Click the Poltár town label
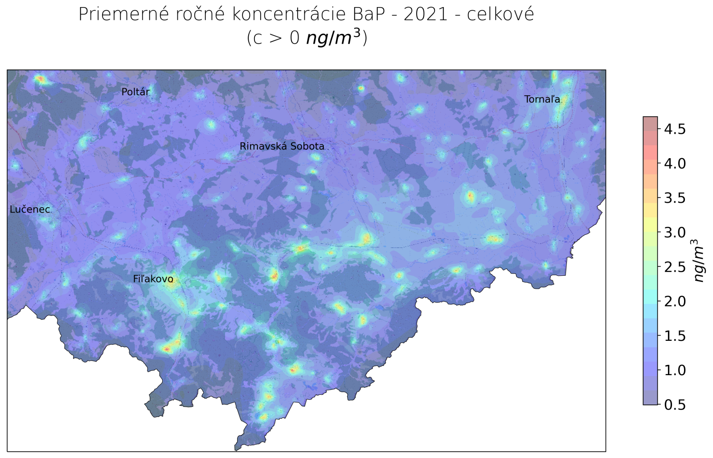tap(135, 92)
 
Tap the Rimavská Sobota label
tap(282, 146)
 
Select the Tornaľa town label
tap(542, 99)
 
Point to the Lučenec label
tap(30, 209)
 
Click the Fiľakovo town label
tap(153, 279)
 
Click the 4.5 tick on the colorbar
tap(675, 129)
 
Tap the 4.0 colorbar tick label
tap(675, 164)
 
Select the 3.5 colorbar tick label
tap(675, 198)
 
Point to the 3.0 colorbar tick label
tap(675, 232)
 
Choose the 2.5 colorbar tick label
tap(675, 267)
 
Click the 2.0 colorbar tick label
tap(675, 301)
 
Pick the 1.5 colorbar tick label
tap(675, 335)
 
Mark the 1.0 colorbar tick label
tap(675, 370)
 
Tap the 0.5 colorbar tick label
tap(675, 405)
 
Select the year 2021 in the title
tap(426, 14)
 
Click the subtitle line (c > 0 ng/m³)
tap(307, 38)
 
